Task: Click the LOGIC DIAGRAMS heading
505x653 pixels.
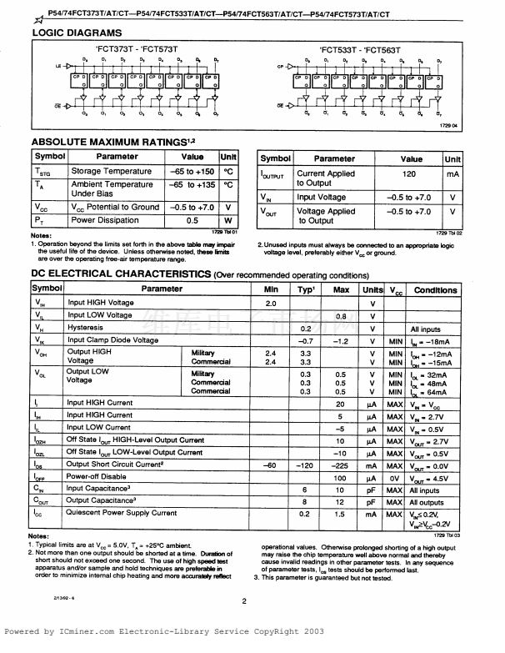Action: click(x=76, y=33)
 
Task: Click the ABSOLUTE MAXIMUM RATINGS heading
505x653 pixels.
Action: click(x=108, y=142)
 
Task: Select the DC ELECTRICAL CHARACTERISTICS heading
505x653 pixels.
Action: click(x=120, y=274)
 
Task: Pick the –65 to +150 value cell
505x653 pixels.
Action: click(x=192, y=171)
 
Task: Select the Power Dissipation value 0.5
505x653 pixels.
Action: click(x=192, y=220)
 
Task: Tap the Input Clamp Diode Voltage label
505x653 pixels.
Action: click(x=112, y=340)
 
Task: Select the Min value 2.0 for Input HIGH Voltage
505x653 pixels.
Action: click(x=270, y=303)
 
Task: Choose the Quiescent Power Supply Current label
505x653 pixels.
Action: click(x=122, y=513)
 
